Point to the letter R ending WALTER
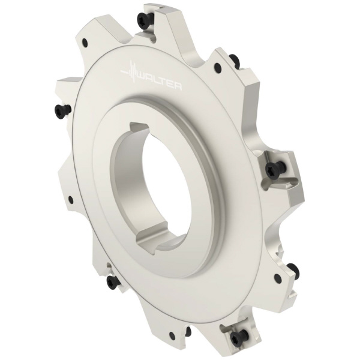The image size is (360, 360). coord(178,86)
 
